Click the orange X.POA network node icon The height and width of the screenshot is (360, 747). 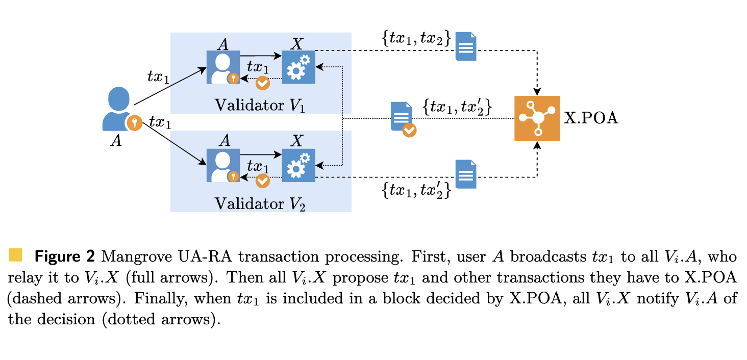(x=537, y=118)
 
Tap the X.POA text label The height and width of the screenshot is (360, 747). (x=591, y=119)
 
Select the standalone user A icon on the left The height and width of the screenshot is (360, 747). (x=118, y=109)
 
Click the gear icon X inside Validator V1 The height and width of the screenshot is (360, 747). (x=298, y=67)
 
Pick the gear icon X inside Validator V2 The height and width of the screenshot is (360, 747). (x=298, y=165)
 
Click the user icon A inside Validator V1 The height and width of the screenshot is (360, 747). (x=223, y=67)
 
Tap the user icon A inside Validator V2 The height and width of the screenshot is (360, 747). (x=223, y=165)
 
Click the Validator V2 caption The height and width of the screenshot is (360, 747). (x=260, y=203)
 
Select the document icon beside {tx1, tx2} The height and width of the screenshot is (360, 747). (x=465, y=46)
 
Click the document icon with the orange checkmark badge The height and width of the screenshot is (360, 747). (x=402, y=118)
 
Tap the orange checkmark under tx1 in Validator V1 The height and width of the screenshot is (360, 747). (x=262, y=83)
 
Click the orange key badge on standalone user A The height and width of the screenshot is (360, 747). (x=134, y=123)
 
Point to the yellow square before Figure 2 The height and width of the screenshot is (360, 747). (x=16, y=254)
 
